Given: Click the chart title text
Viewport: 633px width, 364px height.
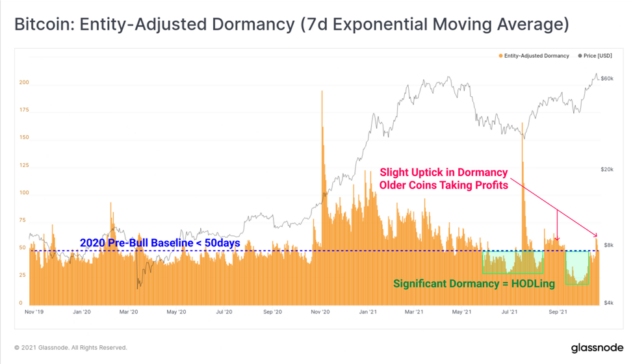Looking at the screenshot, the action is tap(291, 24).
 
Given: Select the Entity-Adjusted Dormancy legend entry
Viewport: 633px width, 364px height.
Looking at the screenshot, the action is tap(534, 56).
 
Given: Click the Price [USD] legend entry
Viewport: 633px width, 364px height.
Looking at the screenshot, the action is tap(595, 56).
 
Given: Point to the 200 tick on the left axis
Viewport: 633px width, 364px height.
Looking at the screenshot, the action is tap(24, 83).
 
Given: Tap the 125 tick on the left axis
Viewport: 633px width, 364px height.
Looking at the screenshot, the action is tap(24, 165).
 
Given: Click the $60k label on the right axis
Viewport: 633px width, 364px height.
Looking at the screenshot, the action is tap(607, 78).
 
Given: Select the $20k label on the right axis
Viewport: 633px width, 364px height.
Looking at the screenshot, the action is tap(607, 169).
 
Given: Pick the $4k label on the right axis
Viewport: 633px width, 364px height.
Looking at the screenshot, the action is tap(608, 303).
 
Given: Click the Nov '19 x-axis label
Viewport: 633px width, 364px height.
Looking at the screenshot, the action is tap(34, 311).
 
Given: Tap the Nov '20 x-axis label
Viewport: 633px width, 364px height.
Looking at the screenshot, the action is tap(320, 311).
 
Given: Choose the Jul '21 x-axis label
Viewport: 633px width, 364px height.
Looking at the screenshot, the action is tap(510, 311).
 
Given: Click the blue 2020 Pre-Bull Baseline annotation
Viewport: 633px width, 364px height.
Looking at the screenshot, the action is tap(160, 243).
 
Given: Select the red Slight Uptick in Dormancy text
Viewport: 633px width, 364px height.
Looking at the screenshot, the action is tap(444, 172).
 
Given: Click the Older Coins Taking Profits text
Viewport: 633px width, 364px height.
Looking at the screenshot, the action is tap(444, 185).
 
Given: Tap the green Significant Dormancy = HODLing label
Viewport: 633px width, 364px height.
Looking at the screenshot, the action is tap(474, 283).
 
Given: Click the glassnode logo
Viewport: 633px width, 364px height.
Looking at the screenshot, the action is tap(597, 348).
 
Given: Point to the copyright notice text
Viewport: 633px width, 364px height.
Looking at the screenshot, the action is tap(71, 348).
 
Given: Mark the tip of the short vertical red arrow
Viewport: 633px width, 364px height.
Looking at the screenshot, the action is tap(558, 240).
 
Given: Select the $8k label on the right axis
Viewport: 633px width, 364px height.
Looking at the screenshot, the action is tap(608, 245).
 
